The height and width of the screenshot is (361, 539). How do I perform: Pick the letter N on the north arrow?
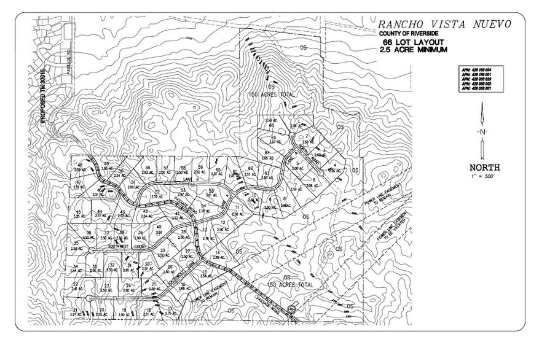click(x=484, y=132)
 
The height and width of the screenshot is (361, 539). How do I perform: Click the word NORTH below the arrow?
click(x=484, y=167)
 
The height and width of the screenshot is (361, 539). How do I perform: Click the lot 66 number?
click(x=271, y=125)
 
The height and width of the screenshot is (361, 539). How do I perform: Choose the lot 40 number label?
click(x=159, y=227)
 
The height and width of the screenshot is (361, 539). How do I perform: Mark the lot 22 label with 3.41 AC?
click(x=75, y=286)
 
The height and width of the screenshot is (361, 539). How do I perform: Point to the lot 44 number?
click(x=98, y=210)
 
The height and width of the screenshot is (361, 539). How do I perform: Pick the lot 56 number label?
click(x=148, y=168)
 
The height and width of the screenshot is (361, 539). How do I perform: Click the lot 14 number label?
click(x=217, y=253)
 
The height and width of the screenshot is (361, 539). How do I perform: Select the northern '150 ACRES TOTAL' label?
click(x=271, y=96)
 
